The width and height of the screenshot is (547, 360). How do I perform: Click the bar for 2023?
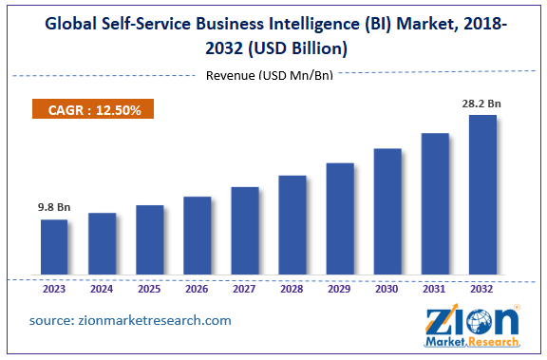(54, 248)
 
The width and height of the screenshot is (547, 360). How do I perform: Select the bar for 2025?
(149, 241)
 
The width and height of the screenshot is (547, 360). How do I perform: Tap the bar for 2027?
(244, 232)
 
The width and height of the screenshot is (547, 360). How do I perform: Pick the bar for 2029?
(339, 219)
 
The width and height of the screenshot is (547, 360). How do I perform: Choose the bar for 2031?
(434, 205)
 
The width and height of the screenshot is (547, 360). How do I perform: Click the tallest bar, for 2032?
(482, 196)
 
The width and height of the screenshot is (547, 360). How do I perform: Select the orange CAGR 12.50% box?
(92, 110)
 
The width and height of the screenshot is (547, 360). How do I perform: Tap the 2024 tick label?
(102, 290)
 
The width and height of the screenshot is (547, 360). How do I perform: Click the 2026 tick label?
(197, 290)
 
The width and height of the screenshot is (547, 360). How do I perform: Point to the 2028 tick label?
(292, 290)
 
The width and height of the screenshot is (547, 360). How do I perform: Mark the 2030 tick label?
(387, 290)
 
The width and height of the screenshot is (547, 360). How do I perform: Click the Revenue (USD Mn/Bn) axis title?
(270, 76)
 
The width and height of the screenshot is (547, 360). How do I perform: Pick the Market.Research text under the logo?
(473, 342)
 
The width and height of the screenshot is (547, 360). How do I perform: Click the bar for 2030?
(387, 213)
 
